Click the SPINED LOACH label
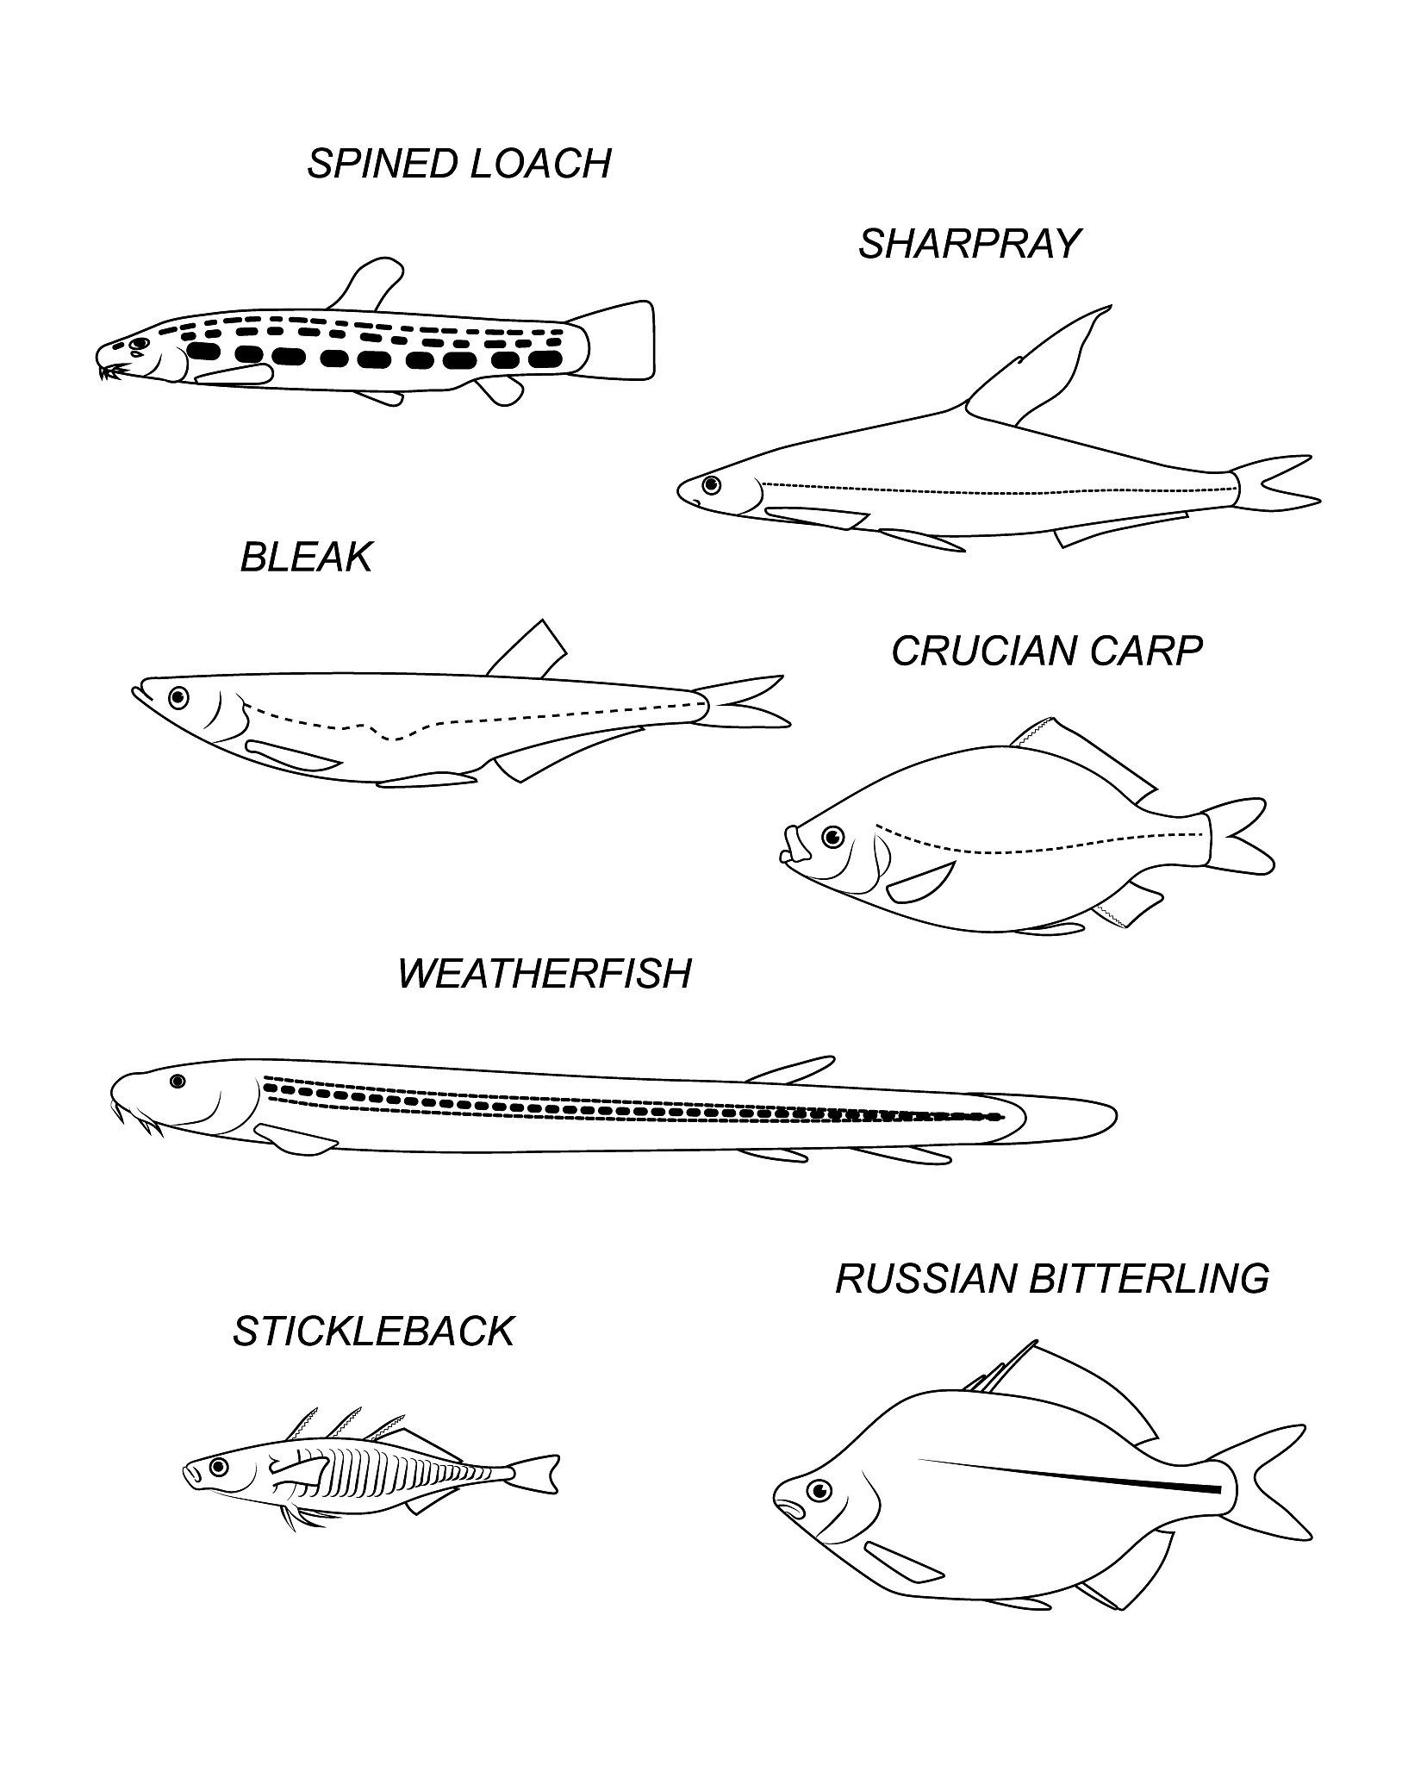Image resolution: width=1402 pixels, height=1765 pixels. click(459, 164)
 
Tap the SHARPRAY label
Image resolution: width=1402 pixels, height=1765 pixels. click(969, 244)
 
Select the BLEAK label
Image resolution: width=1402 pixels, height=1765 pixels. click(306, 557)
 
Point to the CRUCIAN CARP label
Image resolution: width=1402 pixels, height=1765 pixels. click(1047, 651)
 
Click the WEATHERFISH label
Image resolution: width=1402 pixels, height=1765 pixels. click(545, 973)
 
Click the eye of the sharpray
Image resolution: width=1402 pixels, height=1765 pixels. click(711, 484)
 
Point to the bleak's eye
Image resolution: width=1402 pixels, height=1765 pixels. click(178, 695)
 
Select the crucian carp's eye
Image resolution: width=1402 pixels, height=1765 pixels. click(832, 835)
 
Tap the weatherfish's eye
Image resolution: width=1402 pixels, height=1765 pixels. click(178, 1081)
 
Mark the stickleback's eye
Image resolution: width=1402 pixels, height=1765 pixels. click(218, 1465)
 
